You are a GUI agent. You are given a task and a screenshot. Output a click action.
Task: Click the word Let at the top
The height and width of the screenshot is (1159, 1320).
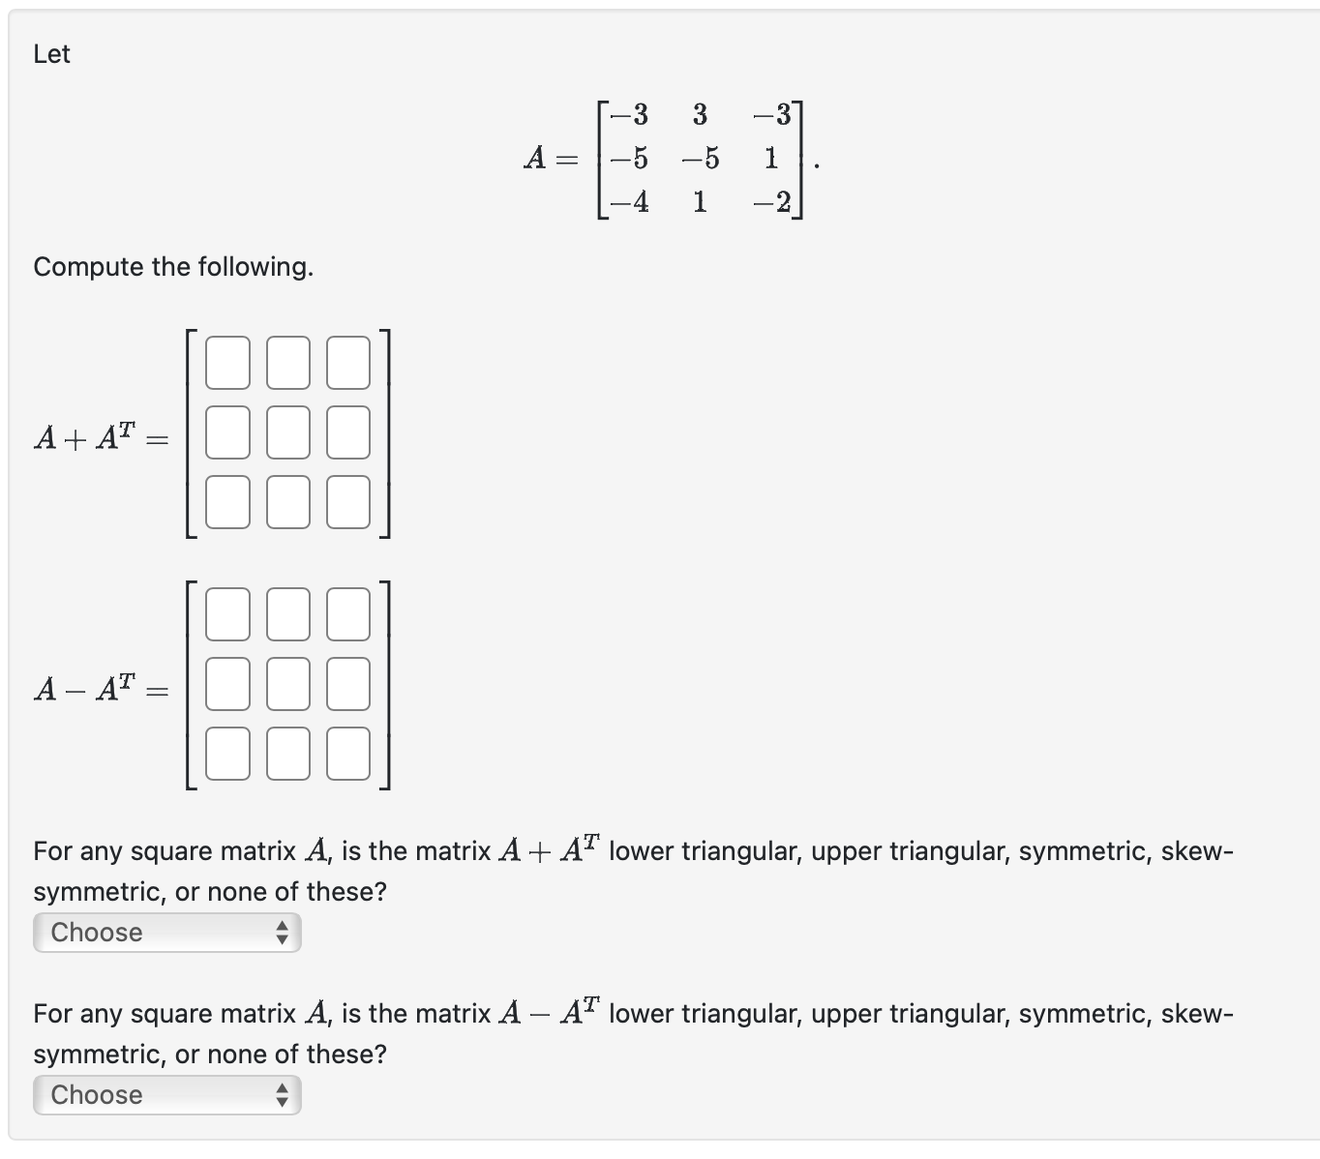51,54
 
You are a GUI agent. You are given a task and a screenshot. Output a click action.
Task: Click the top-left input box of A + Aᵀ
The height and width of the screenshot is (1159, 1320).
227,362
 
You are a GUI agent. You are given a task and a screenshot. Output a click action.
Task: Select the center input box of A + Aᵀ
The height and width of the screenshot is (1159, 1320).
287,431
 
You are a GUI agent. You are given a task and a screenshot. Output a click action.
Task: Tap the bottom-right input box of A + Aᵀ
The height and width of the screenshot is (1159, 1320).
347,501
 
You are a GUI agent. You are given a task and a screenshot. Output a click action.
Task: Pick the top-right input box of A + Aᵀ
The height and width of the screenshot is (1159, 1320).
347,362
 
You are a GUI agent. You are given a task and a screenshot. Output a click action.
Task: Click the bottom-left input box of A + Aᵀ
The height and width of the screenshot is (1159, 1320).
227,501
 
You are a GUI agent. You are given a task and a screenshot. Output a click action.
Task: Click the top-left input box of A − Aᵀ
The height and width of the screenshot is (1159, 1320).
227,614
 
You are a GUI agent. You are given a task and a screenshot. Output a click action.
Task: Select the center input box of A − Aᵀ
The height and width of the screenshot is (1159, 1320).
287,683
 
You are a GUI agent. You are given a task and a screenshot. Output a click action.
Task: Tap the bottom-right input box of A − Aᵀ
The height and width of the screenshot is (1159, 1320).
347,753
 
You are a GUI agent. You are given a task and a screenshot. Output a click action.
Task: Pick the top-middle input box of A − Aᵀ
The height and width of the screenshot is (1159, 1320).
287,614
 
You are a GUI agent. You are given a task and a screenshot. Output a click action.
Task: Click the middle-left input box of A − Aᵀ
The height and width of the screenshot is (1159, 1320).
227,683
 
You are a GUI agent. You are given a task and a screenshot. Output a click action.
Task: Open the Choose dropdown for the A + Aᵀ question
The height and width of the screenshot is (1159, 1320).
166,933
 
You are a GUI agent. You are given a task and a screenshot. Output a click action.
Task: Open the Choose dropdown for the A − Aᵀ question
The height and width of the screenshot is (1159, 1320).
166,1095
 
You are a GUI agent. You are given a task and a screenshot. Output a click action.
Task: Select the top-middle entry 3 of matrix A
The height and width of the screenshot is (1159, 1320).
700,115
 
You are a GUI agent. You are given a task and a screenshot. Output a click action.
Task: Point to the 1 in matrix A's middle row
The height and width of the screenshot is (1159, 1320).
770,158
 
